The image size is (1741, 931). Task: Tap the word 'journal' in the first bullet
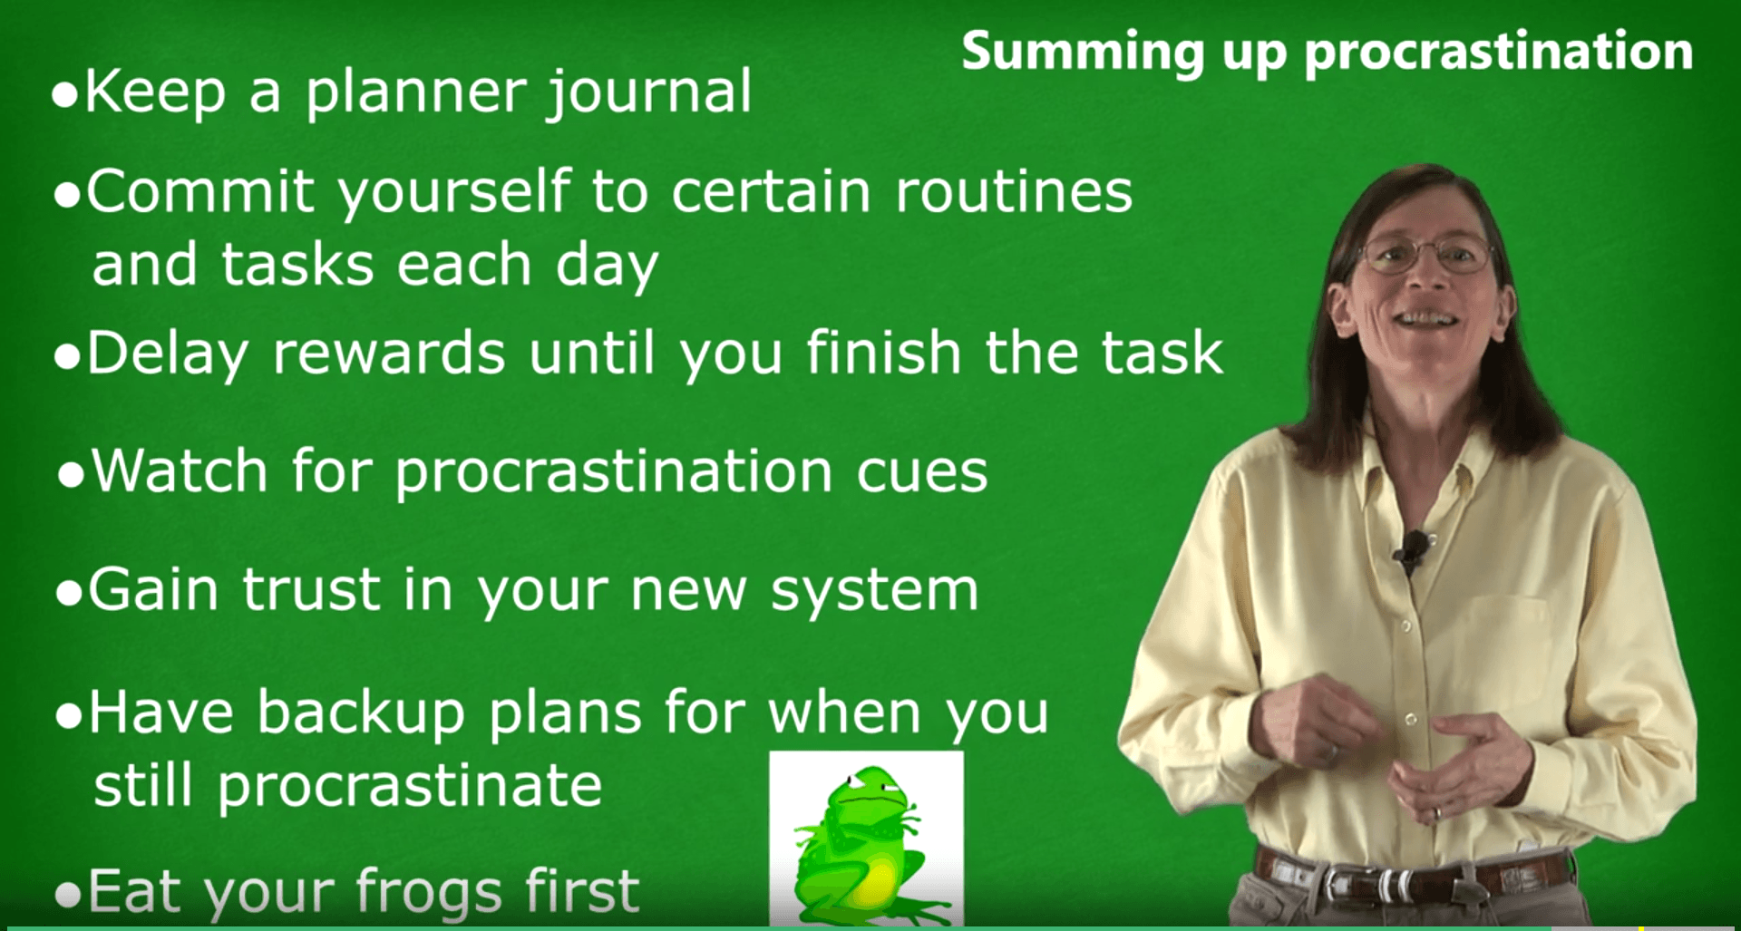click(x=649, y=92)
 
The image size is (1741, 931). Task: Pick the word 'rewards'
click(x=389, y=353)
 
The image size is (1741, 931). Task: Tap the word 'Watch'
click(x=180, y=471)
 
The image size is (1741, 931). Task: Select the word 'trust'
click(x=311, y=590)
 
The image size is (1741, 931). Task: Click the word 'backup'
click(x=361, y=713)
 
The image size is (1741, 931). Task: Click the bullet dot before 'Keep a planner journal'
click(x=65, y=95)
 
